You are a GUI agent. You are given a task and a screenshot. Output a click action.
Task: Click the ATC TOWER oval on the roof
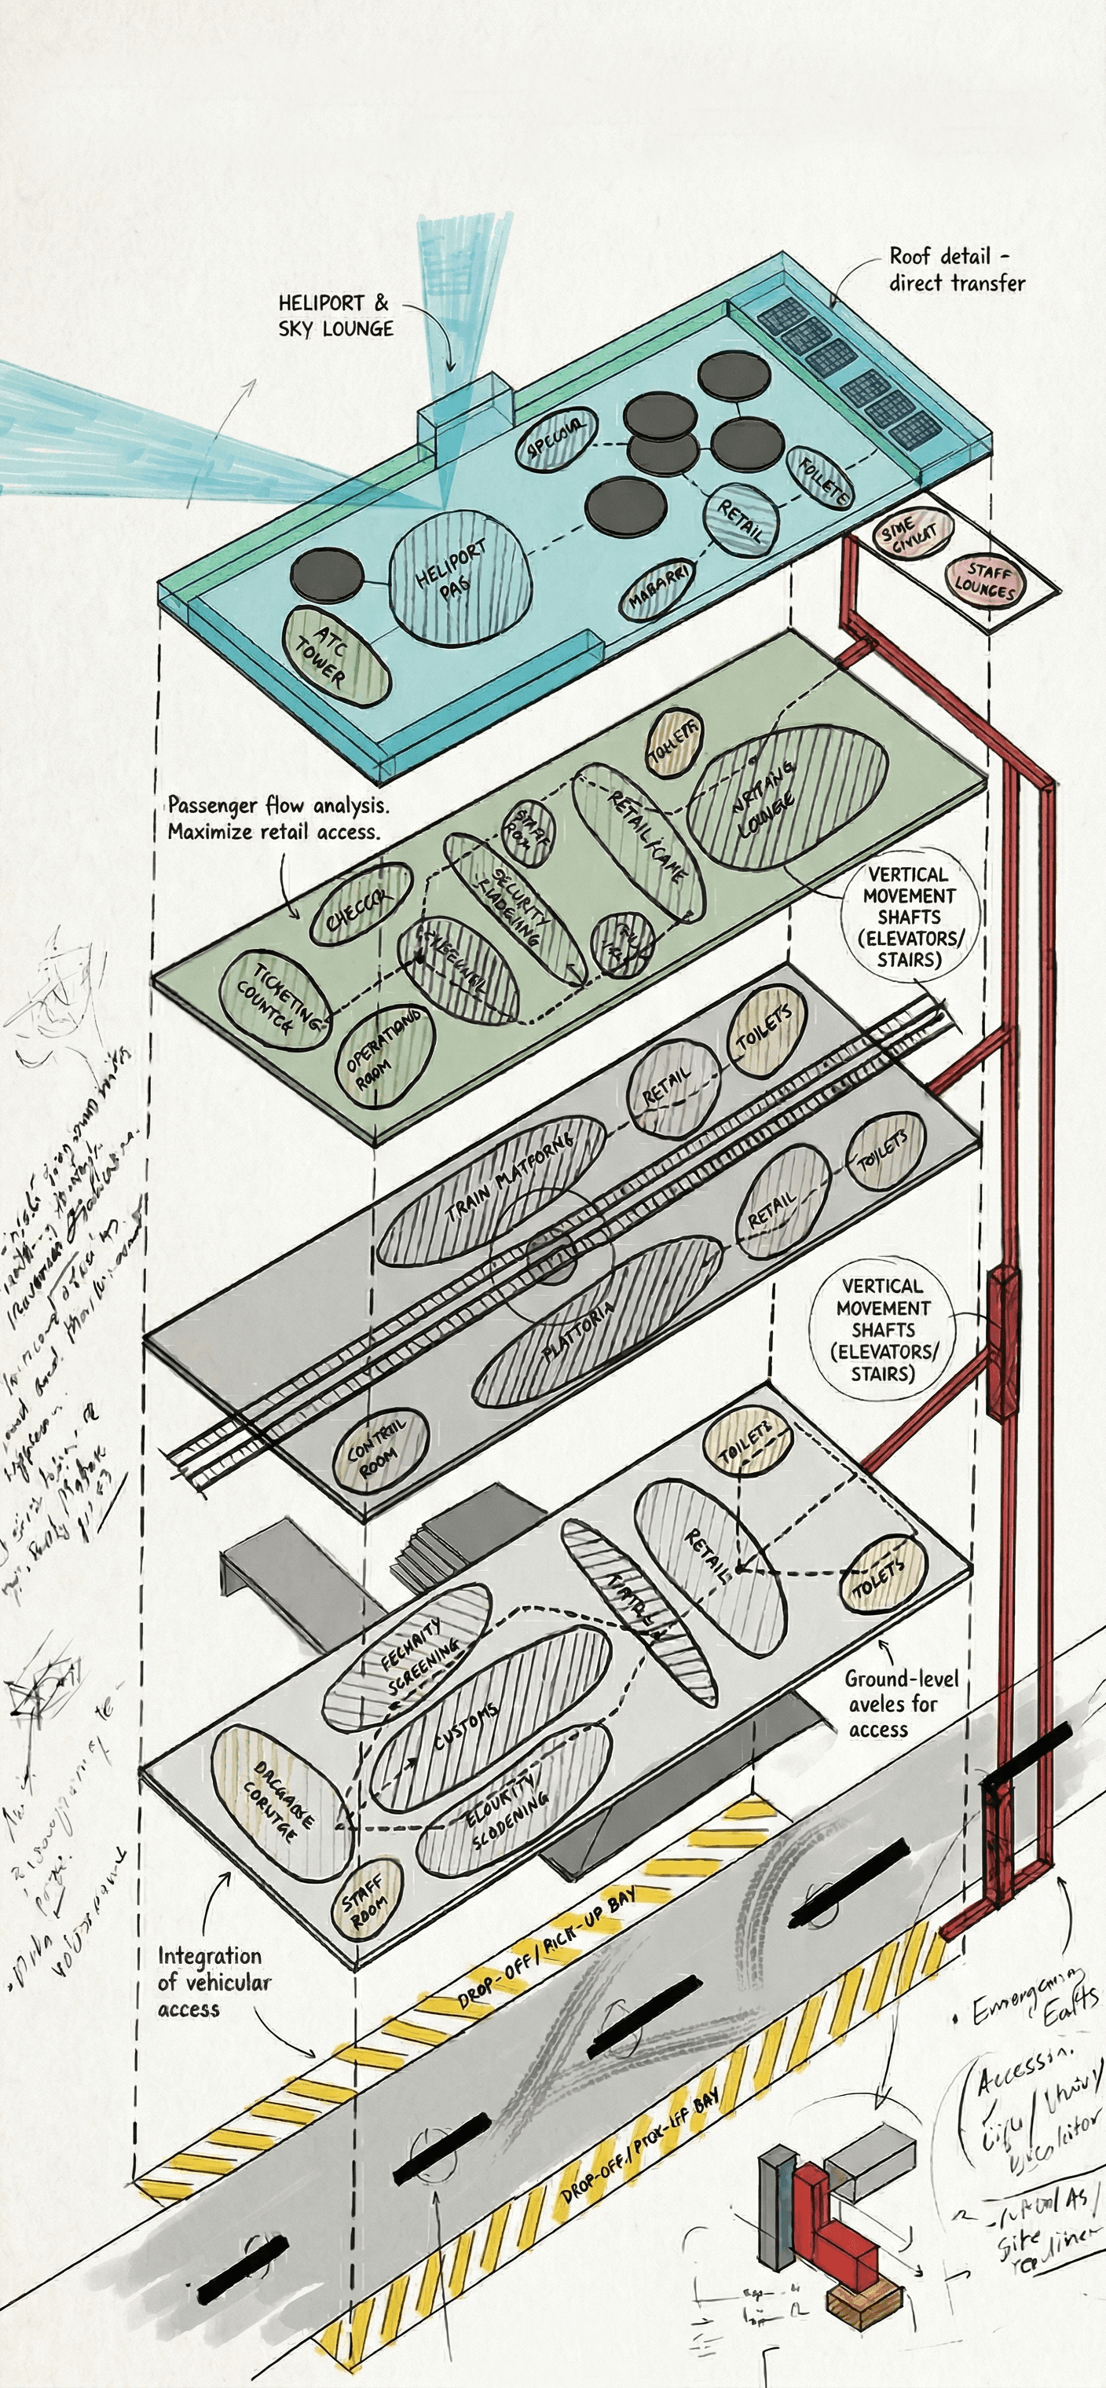(x=335, y=657)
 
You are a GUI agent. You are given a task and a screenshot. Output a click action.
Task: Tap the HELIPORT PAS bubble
(x=459, y=577)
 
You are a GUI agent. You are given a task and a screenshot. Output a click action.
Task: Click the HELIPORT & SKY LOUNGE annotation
(x=335, y=316)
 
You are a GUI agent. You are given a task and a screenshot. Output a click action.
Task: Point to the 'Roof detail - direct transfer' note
(x=957, y=269)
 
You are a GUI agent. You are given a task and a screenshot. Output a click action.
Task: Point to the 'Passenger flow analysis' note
(x=274, y=818)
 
